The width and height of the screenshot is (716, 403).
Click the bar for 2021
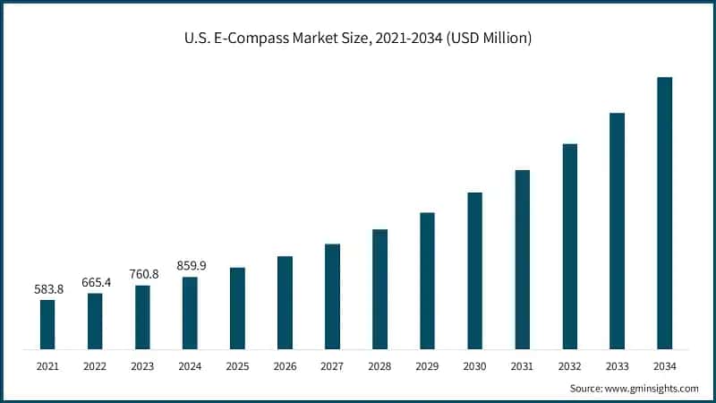(x=47, y=324)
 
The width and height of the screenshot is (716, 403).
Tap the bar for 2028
(x=379, y=289)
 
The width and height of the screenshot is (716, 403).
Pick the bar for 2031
(x=522, y=260)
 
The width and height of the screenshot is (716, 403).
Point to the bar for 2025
(x=237, y=308)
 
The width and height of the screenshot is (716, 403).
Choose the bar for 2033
(x=617, y=231)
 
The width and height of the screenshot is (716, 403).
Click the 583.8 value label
(x=47, y=289)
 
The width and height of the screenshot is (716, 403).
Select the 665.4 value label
(x=95, y=283)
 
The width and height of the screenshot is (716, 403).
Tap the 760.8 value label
(x=142, y=274)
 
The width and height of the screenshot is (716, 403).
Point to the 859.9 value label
(x=190, y=266)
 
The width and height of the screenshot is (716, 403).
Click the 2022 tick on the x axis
(x=95, y=366)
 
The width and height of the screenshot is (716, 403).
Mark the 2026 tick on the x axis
(x=285, y=366)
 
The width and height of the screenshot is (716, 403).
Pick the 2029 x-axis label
(x=427, y=366)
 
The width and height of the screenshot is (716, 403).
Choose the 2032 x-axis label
(x=569, y=366)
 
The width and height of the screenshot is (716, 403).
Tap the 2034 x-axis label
(x=664, y=366)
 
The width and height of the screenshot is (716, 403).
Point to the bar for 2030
(x=474, y=270)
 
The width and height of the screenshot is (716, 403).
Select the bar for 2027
(x=332, y=296)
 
